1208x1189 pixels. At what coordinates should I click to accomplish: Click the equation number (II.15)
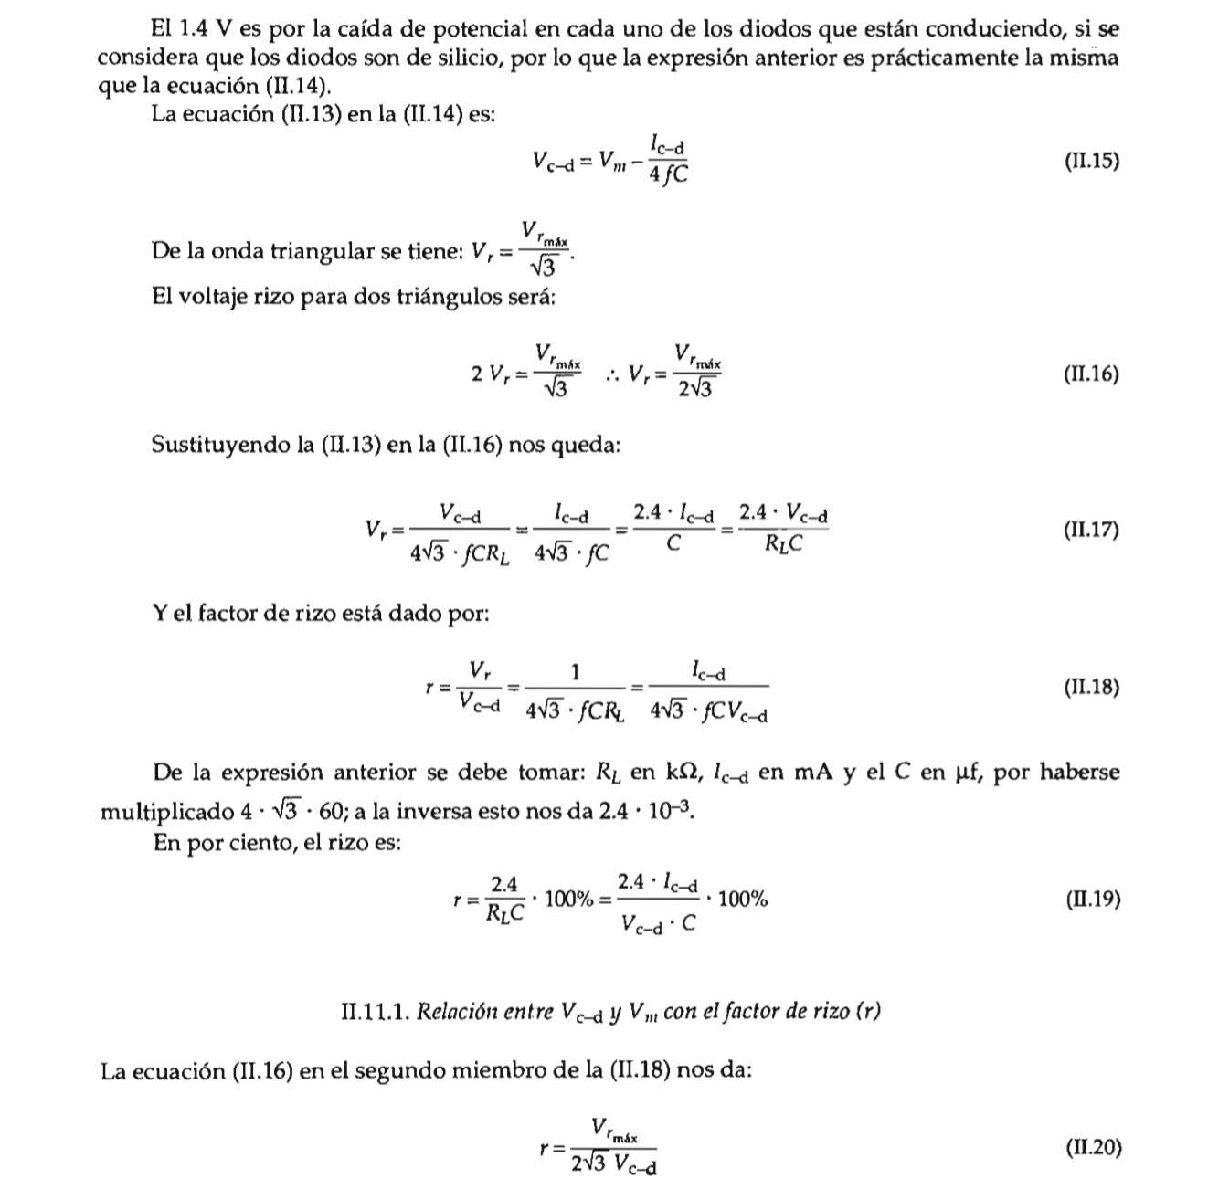1091,163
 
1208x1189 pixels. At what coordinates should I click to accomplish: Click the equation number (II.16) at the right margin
1091,374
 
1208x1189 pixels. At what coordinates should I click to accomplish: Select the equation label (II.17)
1091,530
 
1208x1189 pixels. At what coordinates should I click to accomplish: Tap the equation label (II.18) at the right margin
1091,687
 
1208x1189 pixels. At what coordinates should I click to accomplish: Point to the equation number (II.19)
1092,900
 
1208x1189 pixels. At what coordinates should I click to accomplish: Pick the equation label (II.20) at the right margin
1092,1148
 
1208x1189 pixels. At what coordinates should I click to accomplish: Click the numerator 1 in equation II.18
575,673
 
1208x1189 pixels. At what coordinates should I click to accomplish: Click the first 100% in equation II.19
569,900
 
